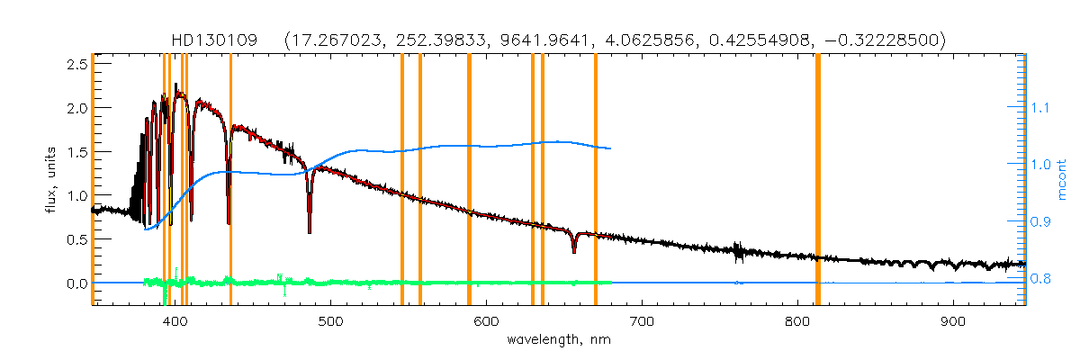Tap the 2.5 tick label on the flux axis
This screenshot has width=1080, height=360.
[x=76, y=64]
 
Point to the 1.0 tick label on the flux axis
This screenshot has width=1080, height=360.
[x=76, y=195]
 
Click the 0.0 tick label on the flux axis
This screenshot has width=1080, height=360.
[x=76, y=283]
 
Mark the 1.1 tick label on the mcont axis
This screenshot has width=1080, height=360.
[x=1040, y=108]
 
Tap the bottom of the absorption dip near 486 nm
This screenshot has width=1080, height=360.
[x=310, y=231]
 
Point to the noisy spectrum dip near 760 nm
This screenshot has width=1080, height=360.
[x=738, y=254]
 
